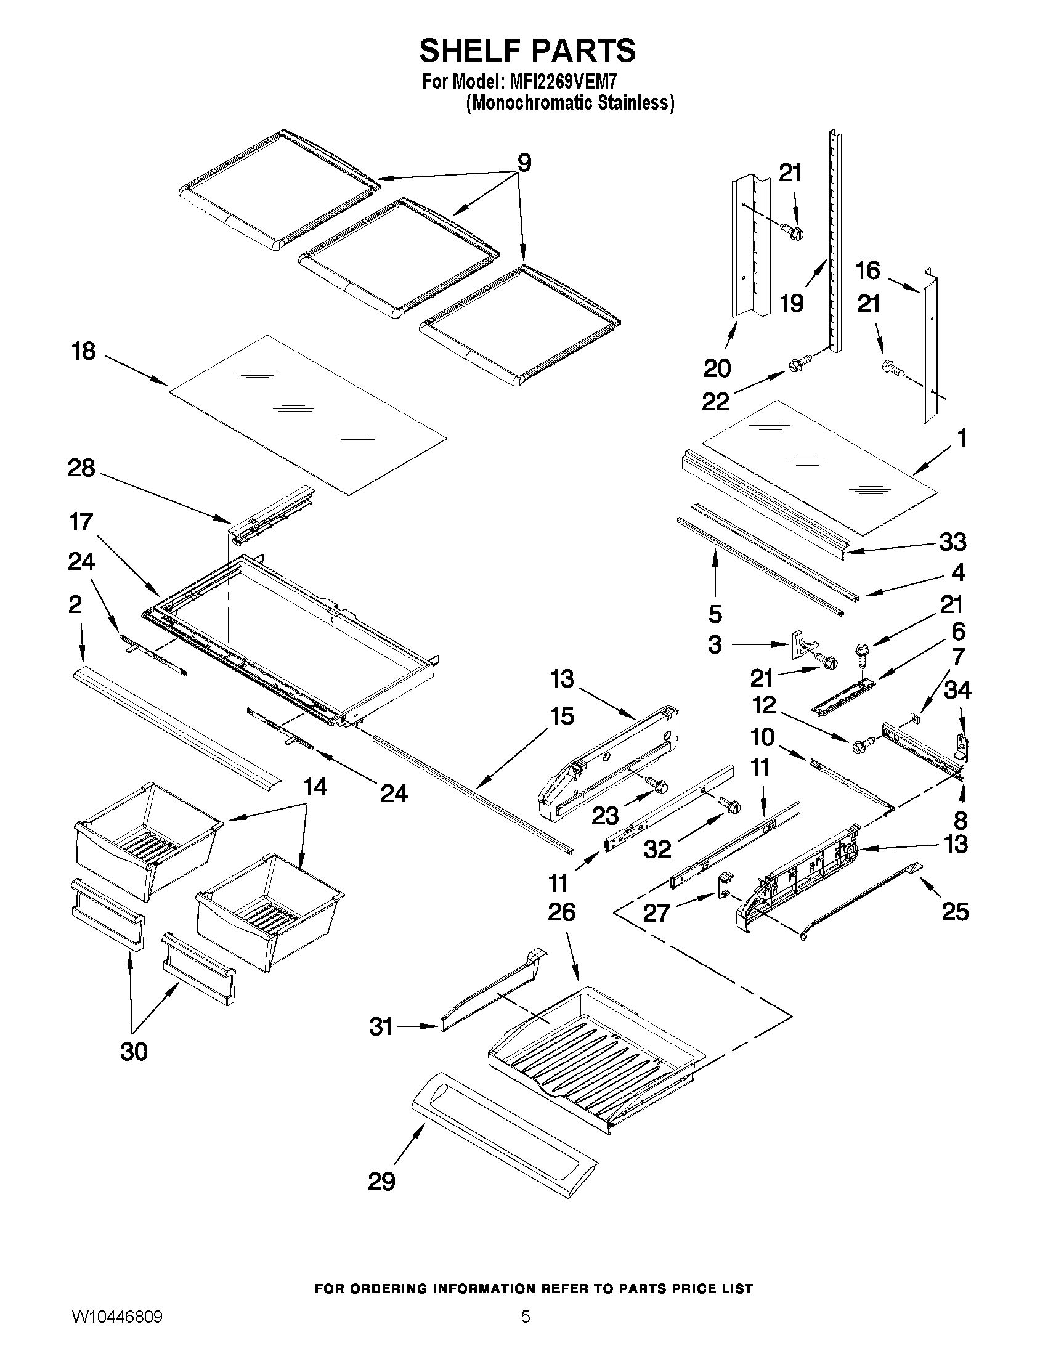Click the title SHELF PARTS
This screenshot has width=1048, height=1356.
point(527,51)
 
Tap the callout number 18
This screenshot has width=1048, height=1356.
point(84,351)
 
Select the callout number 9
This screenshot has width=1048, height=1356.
point(525,163)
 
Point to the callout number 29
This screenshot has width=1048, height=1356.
point(381,1182)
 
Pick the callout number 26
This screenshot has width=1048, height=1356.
point(561,912)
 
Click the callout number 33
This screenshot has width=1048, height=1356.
point(953,542)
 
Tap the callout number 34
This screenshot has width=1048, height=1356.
point(957,690)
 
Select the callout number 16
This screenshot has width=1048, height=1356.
point(868,270)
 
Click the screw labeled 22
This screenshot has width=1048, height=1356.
point(800,363)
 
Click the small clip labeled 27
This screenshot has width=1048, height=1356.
point(725,885)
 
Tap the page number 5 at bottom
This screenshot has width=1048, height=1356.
point(526,1331)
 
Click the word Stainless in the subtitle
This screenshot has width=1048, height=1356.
point(635,102)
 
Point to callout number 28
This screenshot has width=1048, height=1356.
point(81,468)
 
